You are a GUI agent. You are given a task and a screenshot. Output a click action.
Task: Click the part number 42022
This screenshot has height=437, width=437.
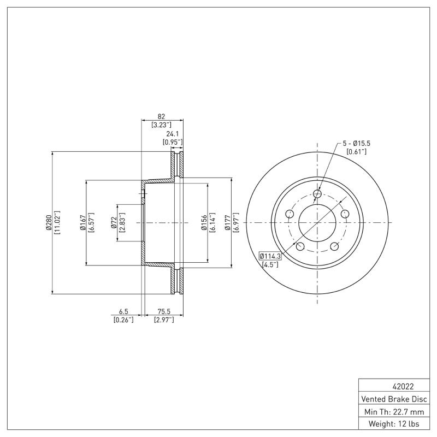(x=395, y=386)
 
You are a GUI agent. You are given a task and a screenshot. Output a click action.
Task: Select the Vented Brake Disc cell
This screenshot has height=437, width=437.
(x=395, y=399)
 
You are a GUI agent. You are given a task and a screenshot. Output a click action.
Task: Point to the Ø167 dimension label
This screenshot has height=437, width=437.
(x=82, y=223)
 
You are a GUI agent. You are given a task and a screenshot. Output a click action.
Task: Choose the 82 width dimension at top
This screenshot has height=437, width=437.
(x=161, y=116)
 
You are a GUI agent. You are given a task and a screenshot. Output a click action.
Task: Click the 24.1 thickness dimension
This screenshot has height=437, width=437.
(x=173, y=133)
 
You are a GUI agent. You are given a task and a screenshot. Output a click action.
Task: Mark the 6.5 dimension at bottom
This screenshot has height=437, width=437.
(x=123, y=311)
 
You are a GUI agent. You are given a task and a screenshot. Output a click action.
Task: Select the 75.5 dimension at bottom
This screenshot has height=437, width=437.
(x=163, y=311)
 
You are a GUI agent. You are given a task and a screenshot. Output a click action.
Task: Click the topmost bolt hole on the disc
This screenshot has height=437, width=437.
(x=317, y=193)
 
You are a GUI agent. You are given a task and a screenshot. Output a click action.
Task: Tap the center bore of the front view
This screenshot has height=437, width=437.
(x=317, y=223)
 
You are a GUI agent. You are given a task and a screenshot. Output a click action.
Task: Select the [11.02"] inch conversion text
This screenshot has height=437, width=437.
(x=57, y=223)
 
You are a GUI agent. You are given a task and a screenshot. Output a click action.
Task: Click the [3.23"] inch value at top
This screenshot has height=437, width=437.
(x=161, y=125)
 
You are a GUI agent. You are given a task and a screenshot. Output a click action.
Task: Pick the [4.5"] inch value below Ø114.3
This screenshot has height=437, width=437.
(x=270, y=264)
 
